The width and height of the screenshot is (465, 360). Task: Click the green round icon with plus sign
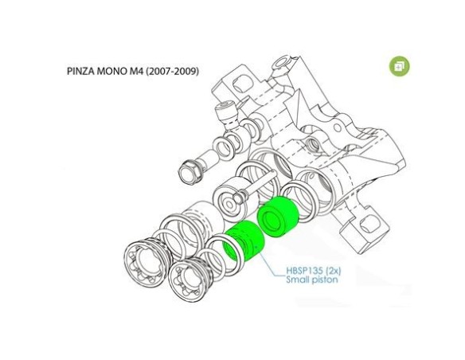399,66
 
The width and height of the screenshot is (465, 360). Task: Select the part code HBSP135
304,271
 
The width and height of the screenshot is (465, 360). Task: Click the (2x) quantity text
333,271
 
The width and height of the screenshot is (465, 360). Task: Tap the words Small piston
312,280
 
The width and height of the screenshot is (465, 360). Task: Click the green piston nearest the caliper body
277,217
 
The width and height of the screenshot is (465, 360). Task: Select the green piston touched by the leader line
243,241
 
